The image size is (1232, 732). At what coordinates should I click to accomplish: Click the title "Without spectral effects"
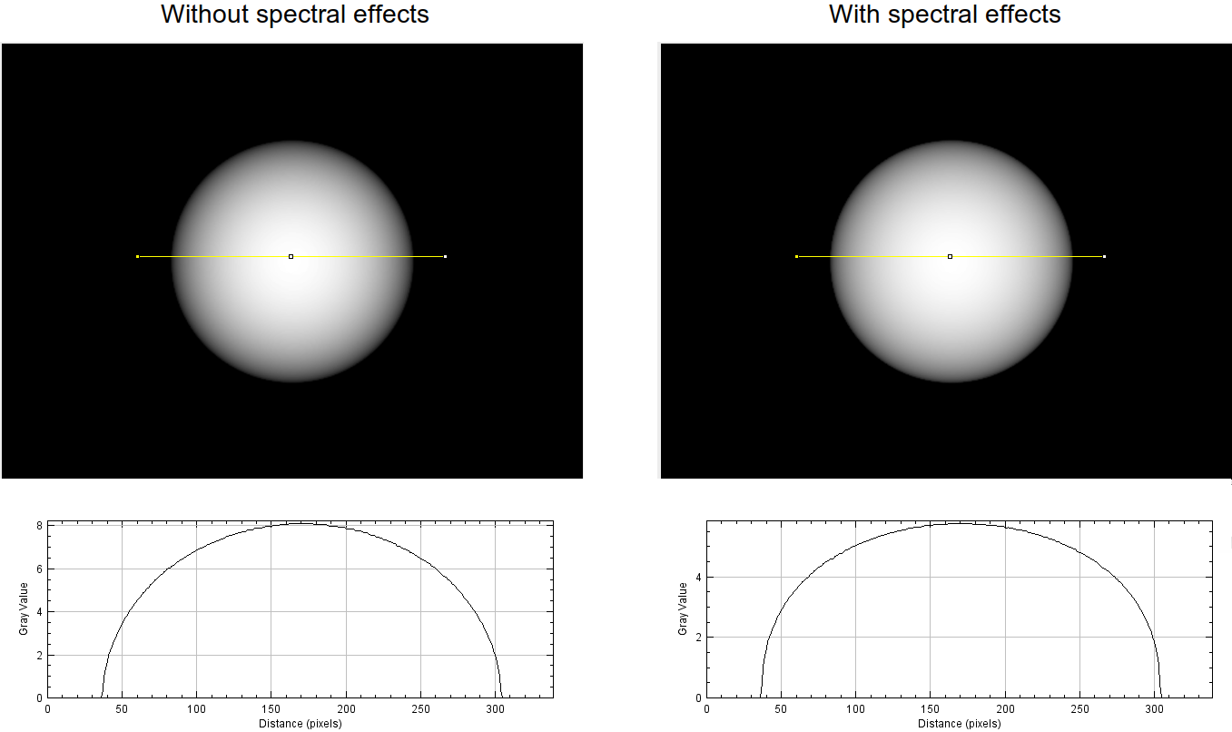pyautogui.click(x=295, y=15)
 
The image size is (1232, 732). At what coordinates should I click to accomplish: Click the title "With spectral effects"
pyautogui.click(x=944, y=15)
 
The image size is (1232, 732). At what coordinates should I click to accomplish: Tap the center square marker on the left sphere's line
pyautogui.click(x=291, y=257)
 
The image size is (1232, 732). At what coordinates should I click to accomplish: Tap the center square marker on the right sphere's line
pyautogui.click(x=950, y=257)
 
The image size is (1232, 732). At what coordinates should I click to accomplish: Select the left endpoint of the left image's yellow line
pyautogui.click(x=137, y=257)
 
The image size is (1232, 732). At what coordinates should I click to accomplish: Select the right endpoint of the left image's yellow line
pyautogui.click(x=445, y=257)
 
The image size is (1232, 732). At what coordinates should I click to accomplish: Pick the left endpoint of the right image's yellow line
pyautogui.click(x=796, y=257)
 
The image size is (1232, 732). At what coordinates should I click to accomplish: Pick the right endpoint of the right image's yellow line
pyautogui.click(x=1104, y=257)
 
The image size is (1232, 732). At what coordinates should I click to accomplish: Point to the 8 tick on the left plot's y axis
pyautogui.click(x=40, y=526)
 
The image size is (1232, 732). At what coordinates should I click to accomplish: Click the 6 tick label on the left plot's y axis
pyautogui.click(x=40, y=569)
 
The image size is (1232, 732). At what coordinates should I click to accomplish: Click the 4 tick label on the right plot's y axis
pyautogui.click(x=698, y=578)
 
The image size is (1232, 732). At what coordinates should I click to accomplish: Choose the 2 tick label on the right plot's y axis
pyautogui.click(x=698, y=638)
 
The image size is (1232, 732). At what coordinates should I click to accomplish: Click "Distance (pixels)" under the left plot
pyautogui.click(x=300, y=724)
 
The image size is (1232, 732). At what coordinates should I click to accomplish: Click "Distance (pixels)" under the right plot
pyautogui.click(x=959, y=724)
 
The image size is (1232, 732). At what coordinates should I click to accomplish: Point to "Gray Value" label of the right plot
pyautogui.click(x=682, y=609)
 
